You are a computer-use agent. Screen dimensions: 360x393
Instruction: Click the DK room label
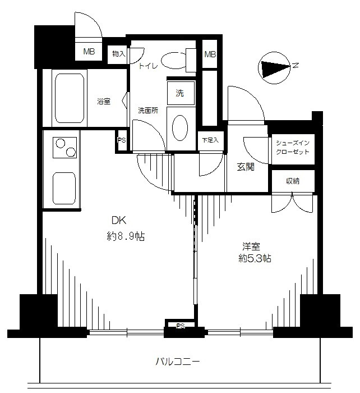pos(119,221)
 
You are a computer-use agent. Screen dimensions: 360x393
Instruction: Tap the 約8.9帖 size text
pos(126,236)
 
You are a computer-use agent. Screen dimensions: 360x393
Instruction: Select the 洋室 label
pos(251,246)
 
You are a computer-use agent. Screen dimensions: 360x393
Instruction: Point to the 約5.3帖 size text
pos(255,258)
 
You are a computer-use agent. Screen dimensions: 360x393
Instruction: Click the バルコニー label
pos(178,362)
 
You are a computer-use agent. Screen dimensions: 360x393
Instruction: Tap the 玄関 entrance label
pos(246,167)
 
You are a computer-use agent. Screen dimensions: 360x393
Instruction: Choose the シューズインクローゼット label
pos(293,147)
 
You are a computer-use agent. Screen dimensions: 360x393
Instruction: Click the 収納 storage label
pos(293,181)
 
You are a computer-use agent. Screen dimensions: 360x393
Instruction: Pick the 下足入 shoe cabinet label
pos(210,140)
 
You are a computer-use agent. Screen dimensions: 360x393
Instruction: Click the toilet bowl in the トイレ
pos(174,60)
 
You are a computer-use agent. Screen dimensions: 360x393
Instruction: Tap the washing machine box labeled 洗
pos(181,93)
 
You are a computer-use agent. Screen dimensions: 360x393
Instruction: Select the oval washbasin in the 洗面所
pos(180,128)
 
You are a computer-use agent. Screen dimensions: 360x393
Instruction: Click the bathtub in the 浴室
pos(70,98)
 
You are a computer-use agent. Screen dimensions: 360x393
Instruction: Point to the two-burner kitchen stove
pos(64,147)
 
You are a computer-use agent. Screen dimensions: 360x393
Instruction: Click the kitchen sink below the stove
pos(64,188)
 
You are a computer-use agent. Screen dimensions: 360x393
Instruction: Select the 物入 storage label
pos(118,54)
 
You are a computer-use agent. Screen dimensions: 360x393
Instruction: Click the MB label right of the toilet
pos(210,54)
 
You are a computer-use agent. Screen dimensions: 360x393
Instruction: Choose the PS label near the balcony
pos(180,326)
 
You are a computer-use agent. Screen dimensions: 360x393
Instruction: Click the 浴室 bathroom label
pos(104,102)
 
